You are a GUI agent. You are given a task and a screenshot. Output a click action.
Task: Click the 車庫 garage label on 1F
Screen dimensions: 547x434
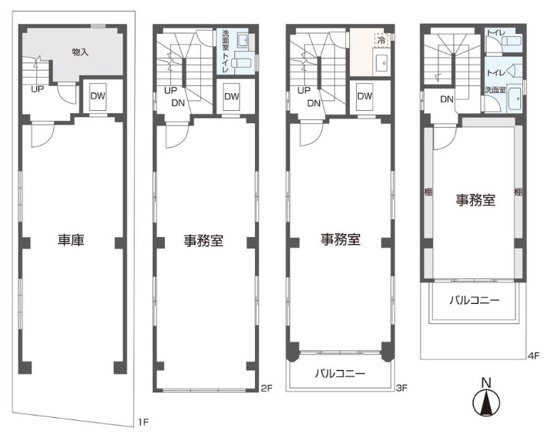click(x=71, y=240)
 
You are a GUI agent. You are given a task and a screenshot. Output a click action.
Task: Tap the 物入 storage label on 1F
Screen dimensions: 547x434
click(x=80, y=52)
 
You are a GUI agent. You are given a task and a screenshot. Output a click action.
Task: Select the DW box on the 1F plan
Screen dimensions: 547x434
click(x=98, y=97)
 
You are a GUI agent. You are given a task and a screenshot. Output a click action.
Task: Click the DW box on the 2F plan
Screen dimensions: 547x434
click(x=232, y=97)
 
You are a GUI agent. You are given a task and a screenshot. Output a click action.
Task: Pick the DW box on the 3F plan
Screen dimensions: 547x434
click(x=365, y=97)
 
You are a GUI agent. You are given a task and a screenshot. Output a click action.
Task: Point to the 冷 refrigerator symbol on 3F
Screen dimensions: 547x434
click(x=381, y=40)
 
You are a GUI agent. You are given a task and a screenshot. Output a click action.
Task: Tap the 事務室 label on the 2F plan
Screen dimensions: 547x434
click(x=203, y=241)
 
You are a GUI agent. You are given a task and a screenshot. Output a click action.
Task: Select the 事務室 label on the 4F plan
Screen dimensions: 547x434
click(x=475, y=200)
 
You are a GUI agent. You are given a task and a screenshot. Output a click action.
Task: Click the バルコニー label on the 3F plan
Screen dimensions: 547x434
click(x=340, y=374)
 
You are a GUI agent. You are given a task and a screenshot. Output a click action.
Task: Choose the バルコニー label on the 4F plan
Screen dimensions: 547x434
click(x=475, y=300)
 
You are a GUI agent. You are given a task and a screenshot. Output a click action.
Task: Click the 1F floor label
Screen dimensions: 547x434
click(x=143, y=422)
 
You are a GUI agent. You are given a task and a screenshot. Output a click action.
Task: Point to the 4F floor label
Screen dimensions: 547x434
click(x=534, y=356)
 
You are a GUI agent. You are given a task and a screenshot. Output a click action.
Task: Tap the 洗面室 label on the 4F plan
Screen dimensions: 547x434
click(x=495, y=90)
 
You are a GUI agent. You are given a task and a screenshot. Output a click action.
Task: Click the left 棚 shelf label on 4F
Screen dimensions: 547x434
click(x=428, y=192)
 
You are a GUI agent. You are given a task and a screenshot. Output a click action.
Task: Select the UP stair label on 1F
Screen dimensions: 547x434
click(x=37, y=89)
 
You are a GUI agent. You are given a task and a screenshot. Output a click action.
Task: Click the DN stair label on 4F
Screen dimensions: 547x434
click(x=447, y=99)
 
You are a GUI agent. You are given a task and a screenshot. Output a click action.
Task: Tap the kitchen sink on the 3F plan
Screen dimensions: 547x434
click(x=381, y=62)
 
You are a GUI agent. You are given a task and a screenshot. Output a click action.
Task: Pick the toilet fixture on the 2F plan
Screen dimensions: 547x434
click(x=242, y=63)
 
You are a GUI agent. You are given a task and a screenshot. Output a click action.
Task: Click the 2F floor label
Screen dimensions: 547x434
click(x=266, y=389)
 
